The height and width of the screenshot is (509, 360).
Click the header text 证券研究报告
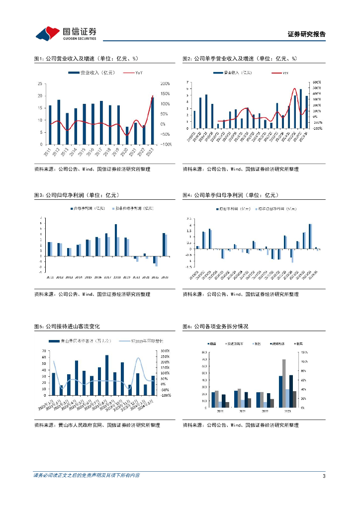(307, 34)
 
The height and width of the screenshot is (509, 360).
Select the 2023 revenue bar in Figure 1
(152, 120)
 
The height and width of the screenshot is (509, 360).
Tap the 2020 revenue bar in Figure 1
(127, 135)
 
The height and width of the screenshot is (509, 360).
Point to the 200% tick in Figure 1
(166, 84)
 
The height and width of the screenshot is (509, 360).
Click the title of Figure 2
(239, 59)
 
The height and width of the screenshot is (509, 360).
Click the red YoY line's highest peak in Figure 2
(295, 88)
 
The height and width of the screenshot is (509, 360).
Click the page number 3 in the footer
(324, 476)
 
